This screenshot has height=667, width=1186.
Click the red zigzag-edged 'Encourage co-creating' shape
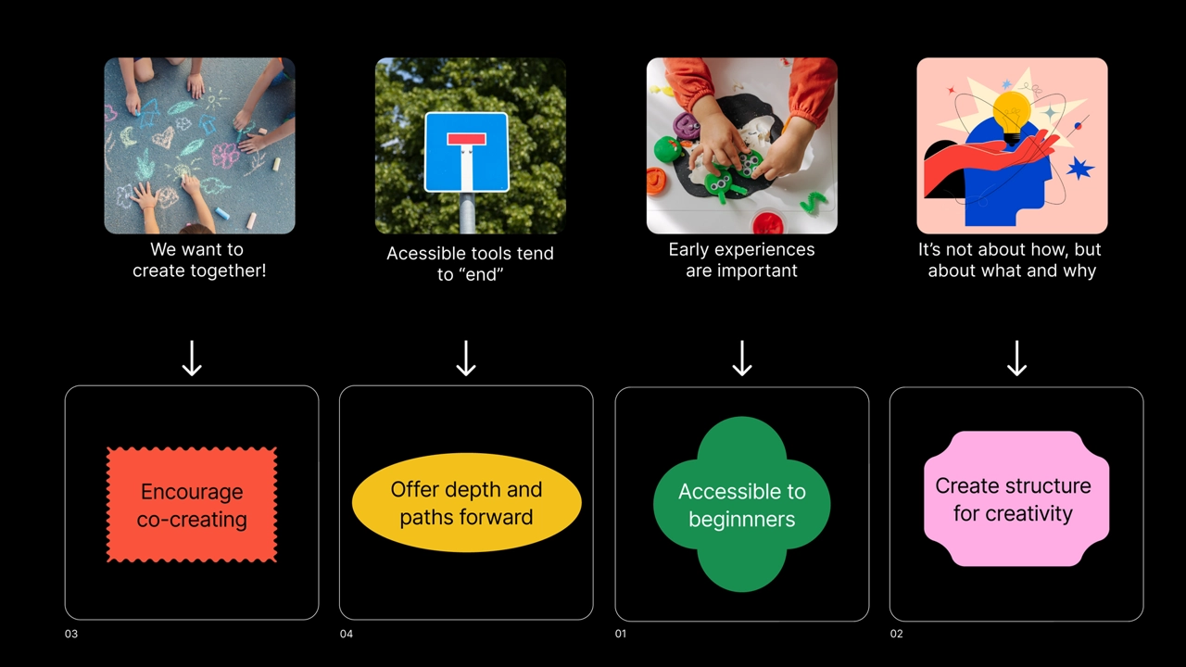(x=192, y=505)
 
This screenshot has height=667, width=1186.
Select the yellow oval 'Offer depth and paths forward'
(x=466, y=503)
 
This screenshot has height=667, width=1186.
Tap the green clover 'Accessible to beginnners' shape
(x=741, y=505)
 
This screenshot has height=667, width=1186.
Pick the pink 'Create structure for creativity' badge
(x=1016, y=499)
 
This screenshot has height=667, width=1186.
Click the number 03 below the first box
(x=71, y=634)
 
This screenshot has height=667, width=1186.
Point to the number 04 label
(x=346, y=634)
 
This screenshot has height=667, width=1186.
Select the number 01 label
(x=621, y=634)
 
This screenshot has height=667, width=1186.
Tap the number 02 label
(x=896, y=634)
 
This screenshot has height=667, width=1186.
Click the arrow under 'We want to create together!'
(x=192, y=359)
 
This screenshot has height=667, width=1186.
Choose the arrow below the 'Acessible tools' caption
(x=466, y=359)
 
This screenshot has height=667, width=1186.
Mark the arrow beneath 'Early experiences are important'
(x=741, y=359)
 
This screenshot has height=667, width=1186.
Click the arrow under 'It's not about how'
(x=1016, y=359)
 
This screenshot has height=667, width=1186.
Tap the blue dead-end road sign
(x=466, y=152)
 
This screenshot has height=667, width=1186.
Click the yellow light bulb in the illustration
(x=1011, y=112)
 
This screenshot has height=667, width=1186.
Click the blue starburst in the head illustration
(x=1079, y=169)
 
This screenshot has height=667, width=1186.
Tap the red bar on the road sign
(x=466, y=140)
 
